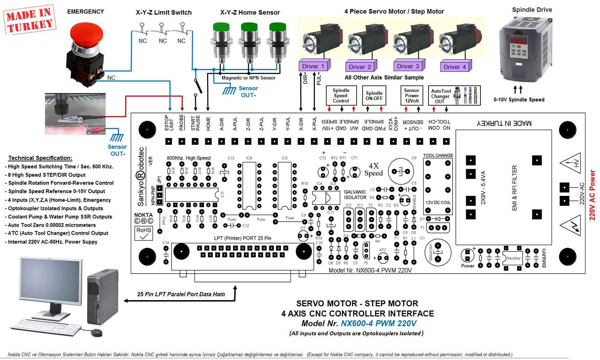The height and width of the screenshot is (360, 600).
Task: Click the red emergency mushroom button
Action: (x=86, y=35)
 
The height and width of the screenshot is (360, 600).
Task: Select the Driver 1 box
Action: (x=314, y=66)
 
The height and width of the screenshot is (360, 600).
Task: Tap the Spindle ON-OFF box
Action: (x=374, y=95)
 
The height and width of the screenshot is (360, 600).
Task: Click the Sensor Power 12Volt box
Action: (x=412, y=95)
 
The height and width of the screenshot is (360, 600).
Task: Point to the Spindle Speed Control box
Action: (x=341, y=95)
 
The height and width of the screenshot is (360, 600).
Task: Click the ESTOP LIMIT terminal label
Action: (x=169, y=123)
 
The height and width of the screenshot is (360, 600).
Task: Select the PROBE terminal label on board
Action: (x=182, y=122)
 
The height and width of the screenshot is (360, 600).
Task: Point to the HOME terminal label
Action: (x=208, y=124)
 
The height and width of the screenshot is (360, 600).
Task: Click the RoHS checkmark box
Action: (x=144, y=233)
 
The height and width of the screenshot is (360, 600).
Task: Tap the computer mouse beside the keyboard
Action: (x=97, y=332)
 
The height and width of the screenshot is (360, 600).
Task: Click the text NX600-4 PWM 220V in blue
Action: (x=379, y=323)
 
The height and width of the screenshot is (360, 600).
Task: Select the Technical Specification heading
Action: (x=40, y=158)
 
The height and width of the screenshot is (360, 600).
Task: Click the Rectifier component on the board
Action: (x=513, y=258)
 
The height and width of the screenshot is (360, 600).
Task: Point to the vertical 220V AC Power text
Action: (x=592, y=195)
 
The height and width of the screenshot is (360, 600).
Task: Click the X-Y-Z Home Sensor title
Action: (x=250, y=13)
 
